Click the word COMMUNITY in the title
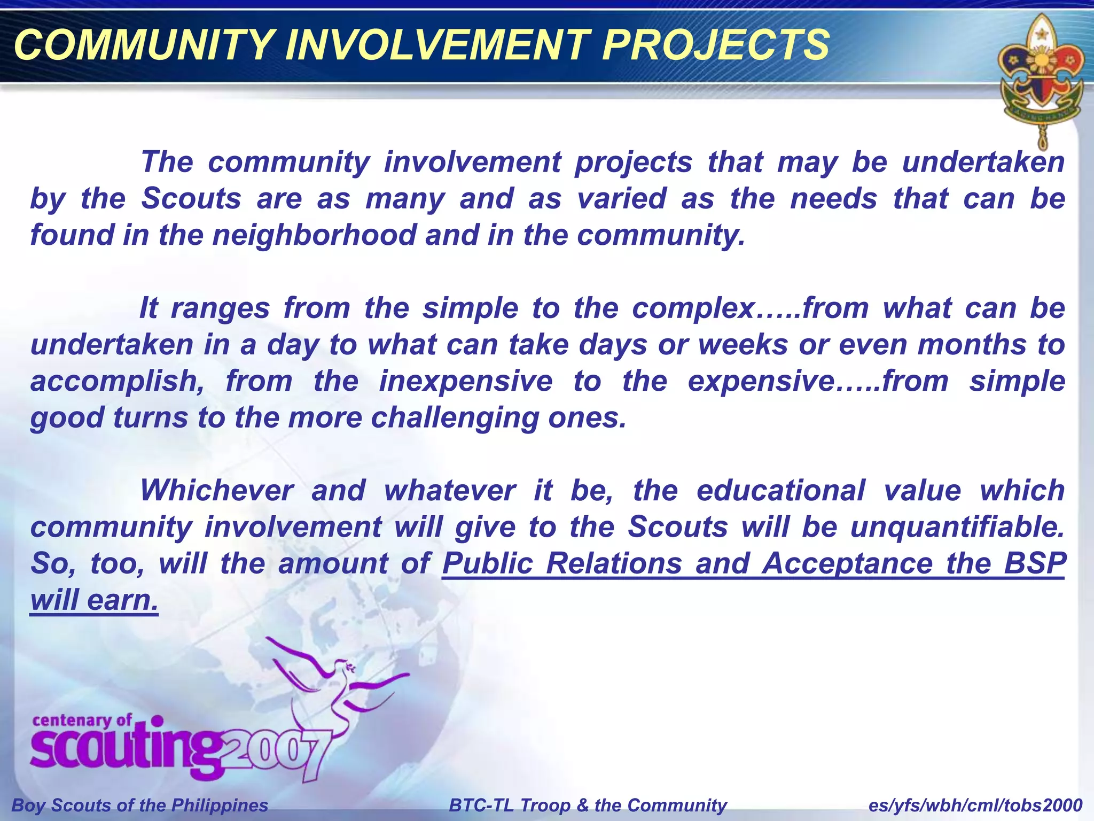[x=144, y=45]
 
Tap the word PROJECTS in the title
[x=715, y=45]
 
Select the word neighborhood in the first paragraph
[x=315, y=235]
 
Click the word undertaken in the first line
[x=983, y=162]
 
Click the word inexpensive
[x=465, y=382]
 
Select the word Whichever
[x=217, y=491]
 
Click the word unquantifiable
[x=957, y=527]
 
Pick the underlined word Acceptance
[x=847, y=563]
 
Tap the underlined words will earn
[x=95, y=600]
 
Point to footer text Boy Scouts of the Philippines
[x=140, y=805]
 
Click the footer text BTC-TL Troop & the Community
[x=588, y=805]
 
